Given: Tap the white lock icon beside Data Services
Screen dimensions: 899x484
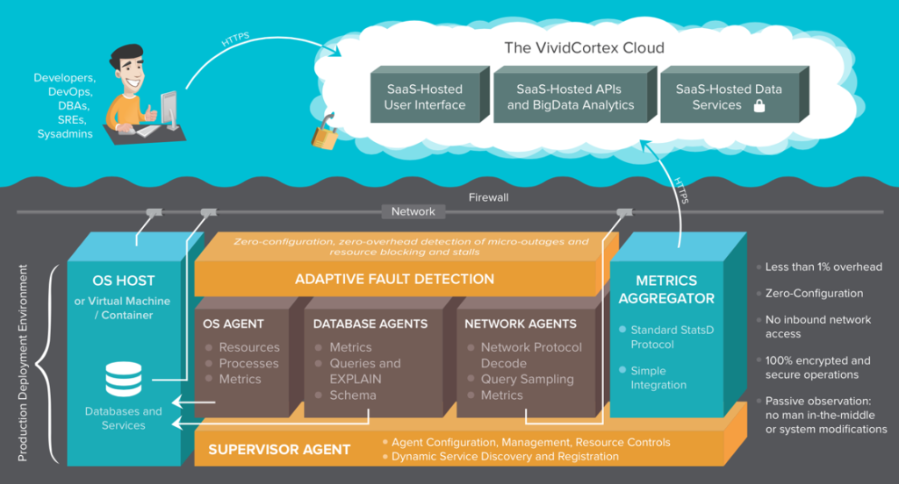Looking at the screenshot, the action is point(759,105).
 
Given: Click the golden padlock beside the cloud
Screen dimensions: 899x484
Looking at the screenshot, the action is point(324,133).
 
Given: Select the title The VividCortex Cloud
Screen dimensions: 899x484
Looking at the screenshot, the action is point(584,47).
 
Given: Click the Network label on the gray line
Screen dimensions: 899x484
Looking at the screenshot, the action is point(413,211).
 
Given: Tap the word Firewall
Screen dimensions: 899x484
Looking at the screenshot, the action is point(488,197).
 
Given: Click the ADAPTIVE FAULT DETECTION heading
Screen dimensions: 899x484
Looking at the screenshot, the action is point(394,279).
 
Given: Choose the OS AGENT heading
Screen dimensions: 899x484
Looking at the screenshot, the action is point(234,324).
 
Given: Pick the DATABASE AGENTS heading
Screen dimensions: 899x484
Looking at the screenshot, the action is point(370,324).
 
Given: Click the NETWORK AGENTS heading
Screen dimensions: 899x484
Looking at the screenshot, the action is point(521,324).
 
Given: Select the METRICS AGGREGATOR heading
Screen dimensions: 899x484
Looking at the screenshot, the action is point(666,289).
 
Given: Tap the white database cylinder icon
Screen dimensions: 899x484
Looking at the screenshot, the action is point(124,379).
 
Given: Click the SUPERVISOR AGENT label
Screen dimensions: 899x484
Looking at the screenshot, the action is point(279,450).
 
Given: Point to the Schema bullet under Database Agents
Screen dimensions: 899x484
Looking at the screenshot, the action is point(353,395).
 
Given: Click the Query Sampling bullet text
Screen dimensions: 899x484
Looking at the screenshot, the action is point(527,379).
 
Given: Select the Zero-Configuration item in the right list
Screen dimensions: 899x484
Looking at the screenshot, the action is point(814,293).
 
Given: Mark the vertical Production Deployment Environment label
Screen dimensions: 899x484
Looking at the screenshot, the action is point(22,363).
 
